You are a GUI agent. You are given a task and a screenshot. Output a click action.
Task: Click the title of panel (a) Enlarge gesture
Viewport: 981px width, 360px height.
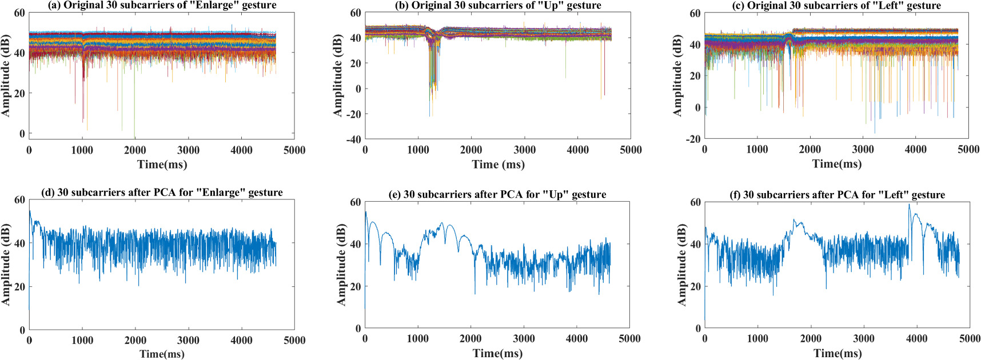click(x=162, y=5)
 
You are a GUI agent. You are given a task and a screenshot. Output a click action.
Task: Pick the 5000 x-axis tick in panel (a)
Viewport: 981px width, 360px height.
click(x=294, y=150)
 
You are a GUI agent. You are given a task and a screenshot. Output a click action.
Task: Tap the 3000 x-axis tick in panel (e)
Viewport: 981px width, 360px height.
click(x=524, y=339)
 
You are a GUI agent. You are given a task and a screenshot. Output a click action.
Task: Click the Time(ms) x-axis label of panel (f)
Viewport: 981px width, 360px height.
click(x=837, y=353)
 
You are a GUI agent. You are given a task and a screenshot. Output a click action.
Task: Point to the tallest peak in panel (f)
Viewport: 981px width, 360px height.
click(x=909, y=205)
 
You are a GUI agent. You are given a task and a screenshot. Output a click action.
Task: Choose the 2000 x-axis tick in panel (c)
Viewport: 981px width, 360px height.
click(x=810, y=150)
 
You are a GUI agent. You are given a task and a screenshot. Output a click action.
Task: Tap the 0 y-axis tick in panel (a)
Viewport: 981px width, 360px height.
click(x=22, y=134)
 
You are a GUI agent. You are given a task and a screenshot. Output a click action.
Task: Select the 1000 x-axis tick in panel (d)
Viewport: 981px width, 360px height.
click(x=82, y=341)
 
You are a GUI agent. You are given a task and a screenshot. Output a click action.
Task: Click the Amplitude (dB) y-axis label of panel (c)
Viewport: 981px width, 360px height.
click(x=678, y=75)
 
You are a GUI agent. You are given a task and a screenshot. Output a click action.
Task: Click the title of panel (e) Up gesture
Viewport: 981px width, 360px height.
click(x=497, y=194)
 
